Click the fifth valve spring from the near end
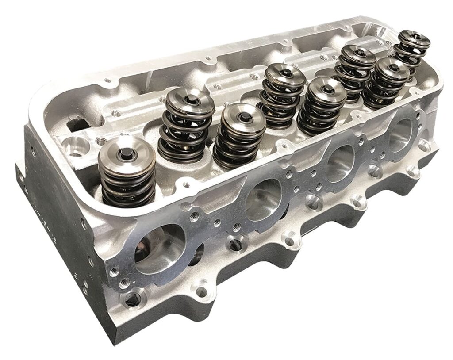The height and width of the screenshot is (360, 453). click(x=320, y=106)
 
